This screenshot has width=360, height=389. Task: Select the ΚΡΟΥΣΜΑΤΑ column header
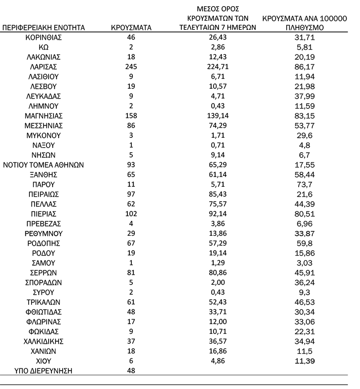pyautogui.click(x=131, y=28)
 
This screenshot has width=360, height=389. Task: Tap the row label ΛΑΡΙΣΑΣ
pyautogui.click(x=44, y=66)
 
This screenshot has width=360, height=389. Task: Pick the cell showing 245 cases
pyautogui.click(x=131, y=66)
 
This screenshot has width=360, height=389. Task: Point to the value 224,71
pyautogui.click(x=218, y=66)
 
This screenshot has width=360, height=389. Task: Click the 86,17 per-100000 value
pyautogui.click(x=305, y=66)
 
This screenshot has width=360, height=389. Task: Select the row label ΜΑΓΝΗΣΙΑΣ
pyautogui.click(x=44, y=116)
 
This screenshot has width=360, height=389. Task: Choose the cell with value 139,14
pyautogui.click(x=218, y=116)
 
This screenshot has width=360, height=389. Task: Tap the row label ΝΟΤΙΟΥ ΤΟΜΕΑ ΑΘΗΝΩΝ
pyautogui.click(x=44, y=164)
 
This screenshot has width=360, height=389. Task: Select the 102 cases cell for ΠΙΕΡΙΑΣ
pyautogui.click(x=131, y=213)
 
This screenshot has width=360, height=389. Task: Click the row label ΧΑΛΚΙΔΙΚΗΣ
pyautogui.click(x=44, y=341)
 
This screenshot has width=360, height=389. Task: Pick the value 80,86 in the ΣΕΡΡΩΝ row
pyautogui.click(x=218, y=273)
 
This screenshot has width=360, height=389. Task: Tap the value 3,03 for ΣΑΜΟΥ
pyautogui.click(x=305, y=263)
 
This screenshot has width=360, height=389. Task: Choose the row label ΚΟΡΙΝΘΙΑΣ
pyautogui.click(x=44, y=37)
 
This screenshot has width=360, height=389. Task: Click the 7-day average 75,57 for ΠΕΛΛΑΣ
pyautogui.click(x=218, y=204)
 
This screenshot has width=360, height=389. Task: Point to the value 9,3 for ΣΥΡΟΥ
pyautogui.click(x=305, y=292)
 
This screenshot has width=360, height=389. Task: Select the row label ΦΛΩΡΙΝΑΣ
pyautogui.click(x=44, y=322)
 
